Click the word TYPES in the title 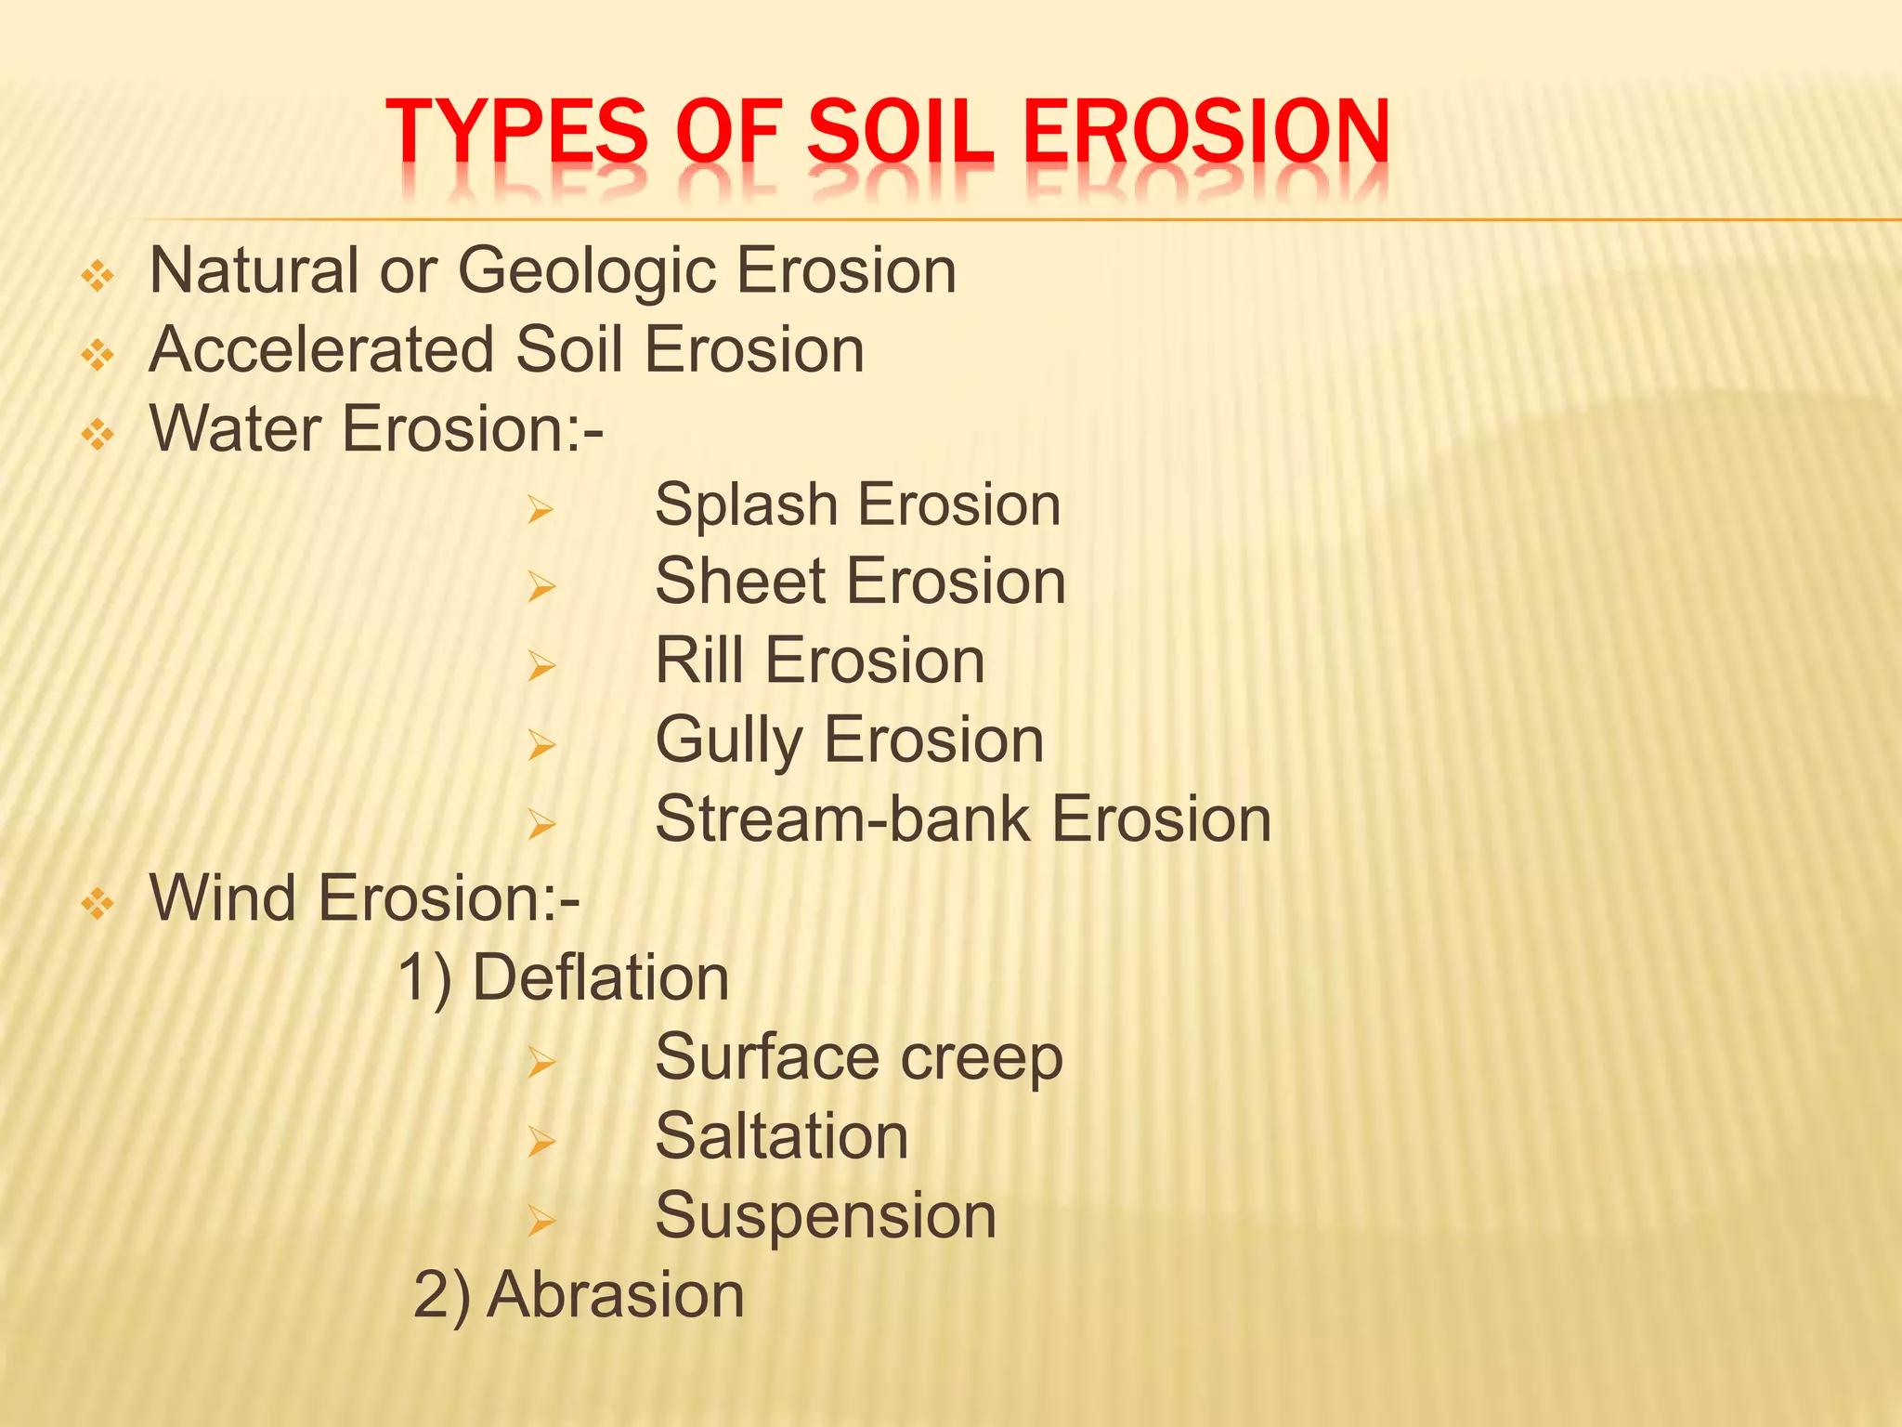516,132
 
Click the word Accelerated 322,350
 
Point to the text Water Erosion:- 376,429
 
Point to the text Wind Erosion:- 365,898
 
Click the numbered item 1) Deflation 564,978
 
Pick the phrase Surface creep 858,1057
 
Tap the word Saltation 781,1136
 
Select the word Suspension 825,1215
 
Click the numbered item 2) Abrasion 579,1294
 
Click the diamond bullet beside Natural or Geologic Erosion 98,276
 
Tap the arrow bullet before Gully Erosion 541,745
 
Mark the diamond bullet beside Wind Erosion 98,903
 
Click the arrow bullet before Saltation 541,1141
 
